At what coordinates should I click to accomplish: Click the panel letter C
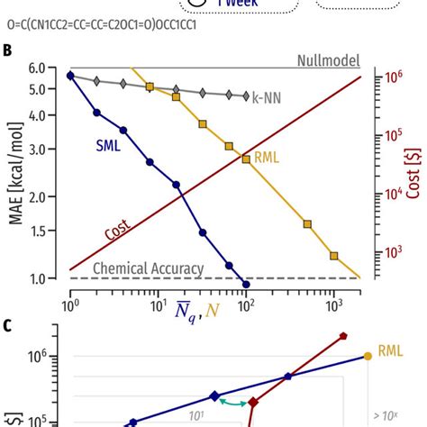pyautogui.click(x=7, y=324)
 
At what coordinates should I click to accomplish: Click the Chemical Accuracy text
pyautogui.click(x=149, y=268)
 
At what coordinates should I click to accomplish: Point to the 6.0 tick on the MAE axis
pyautogui.click(x=49, y=68)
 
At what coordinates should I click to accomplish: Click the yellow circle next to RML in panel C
pyautogui.click(x=367, y=357)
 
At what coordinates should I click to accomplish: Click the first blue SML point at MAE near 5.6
pyautogui.click(x=70, y=75)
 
